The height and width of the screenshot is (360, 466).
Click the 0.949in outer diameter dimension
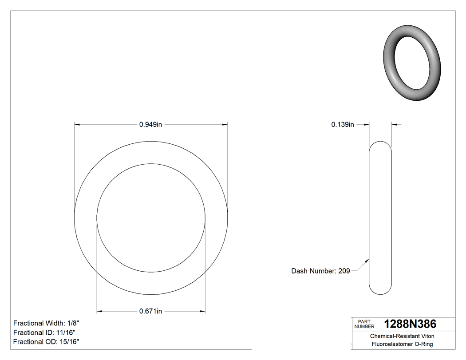151,125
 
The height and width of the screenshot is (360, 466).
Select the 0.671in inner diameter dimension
151,311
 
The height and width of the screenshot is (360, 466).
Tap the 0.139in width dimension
343,125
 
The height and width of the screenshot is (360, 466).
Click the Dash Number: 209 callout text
320,271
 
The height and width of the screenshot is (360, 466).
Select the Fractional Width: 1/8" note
47,323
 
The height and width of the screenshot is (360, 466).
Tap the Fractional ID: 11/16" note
44,332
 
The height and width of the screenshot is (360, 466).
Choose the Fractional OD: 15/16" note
46,342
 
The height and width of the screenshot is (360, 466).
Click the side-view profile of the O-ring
380,218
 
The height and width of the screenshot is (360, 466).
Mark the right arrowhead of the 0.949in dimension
225,125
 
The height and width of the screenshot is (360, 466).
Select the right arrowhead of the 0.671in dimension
202,311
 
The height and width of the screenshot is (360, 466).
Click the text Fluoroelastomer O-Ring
402,344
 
